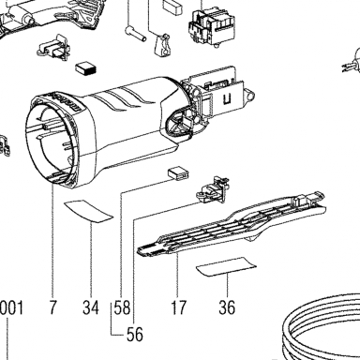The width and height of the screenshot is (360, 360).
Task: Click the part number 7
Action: click(x=53, y=307)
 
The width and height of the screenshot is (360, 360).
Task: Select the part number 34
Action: click(x=91, y=307)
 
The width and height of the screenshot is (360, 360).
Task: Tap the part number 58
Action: click(x=122, y=307)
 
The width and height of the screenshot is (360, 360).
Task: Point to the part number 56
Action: click(x=135, y=335)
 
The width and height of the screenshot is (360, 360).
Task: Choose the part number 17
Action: click(x=178, y=307)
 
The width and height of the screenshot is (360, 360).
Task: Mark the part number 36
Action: click(x=227, y=307)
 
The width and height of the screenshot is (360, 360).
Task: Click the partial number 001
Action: click(x=11, y=307)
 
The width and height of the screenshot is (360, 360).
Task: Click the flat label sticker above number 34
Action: click(x=88, y=211)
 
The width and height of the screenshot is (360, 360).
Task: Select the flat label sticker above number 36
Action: click(x=226, y=267)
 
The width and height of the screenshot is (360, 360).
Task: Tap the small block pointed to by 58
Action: click(x=178, y=174)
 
